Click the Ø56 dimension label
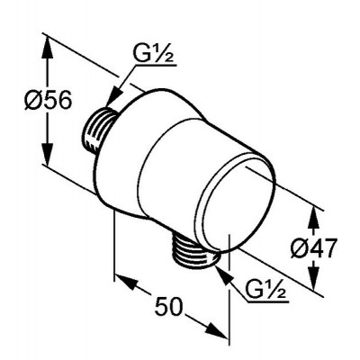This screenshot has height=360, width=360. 48,100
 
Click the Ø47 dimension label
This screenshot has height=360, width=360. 314,248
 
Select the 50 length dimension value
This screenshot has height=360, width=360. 168,306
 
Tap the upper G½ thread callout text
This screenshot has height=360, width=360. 154,54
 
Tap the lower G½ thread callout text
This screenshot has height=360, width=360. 265,289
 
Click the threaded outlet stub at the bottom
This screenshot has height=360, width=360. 193,251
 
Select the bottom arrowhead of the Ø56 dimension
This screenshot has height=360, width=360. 48,153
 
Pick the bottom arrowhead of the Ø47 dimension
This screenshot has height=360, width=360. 314,277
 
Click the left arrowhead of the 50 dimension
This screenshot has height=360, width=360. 127,281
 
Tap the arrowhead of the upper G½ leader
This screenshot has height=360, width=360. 112,97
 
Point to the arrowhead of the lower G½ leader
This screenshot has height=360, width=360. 224,274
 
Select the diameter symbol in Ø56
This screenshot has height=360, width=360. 32,100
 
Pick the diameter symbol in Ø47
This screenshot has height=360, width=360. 300,248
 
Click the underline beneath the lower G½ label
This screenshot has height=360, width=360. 267,301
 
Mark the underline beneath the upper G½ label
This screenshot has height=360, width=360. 155,66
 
